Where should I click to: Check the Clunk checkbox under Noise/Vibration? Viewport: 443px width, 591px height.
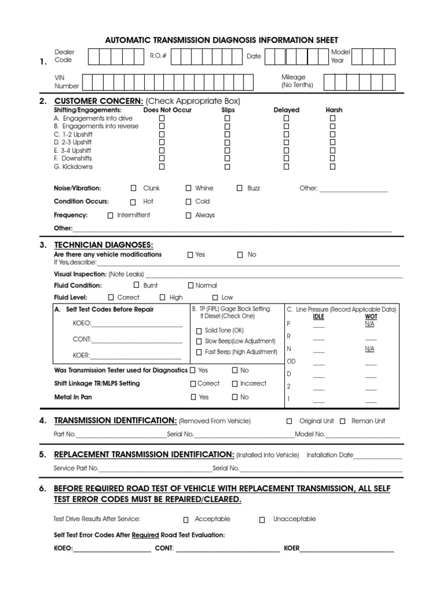[134, 188]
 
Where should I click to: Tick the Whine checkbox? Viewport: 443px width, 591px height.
[189, 188]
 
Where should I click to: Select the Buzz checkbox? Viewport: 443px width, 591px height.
[240, 188]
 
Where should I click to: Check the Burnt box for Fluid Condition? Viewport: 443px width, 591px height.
[137, 285]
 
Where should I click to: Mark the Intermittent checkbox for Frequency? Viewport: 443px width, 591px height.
[110, 215]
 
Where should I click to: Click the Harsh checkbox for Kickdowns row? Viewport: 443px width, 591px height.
[333, 167]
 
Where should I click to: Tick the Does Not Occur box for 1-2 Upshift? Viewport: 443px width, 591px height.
[162, 134]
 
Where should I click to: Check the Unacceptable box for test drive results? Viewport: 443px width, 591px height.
[262, 519]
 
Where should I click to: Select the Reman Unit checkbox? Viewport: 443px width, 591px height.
[343, 421]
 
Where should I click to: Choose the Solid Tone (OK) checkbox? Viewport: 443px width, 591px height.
[198, 331]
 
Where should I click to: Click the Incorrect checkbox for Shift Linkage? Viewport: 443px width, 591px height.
[235, 383]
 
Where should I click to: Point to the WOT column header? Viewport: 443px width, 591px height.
[370, 317]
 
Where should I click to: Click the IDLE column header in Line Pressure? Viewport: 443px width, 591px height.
[318, 317]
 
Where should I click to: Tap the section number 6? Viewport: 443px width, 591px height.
[43, 489]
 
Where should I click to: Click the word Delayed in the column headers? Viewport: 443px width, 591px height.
[286, 110]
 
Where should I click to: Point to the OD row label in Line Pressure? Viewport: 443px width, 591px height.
[291, 361]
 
